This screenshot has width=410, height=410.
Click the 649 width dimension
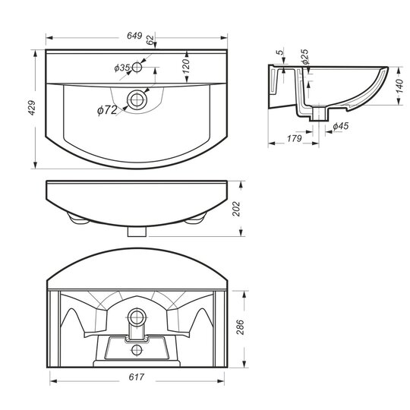pos(134,36)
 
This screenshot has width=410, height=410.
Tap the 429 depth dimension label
pos(32,108)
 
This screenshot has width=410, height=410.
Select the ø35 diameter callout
pos(121,68)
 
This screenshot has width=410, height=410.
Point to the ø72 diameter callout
pos(107,110)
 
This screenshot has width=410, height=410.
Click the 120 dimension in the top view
pos(186,66)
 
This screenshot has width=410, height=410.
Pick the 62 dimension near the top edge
pos(150,40)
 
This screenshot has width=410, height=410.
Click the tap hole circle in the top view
pos(137,68)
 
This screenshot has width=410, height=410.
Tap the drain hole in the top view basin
pos(137,99)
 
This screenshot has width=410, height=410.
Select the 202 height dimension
pos(236,208)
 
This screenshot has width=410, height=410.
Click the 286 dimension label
pos(240,326)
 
